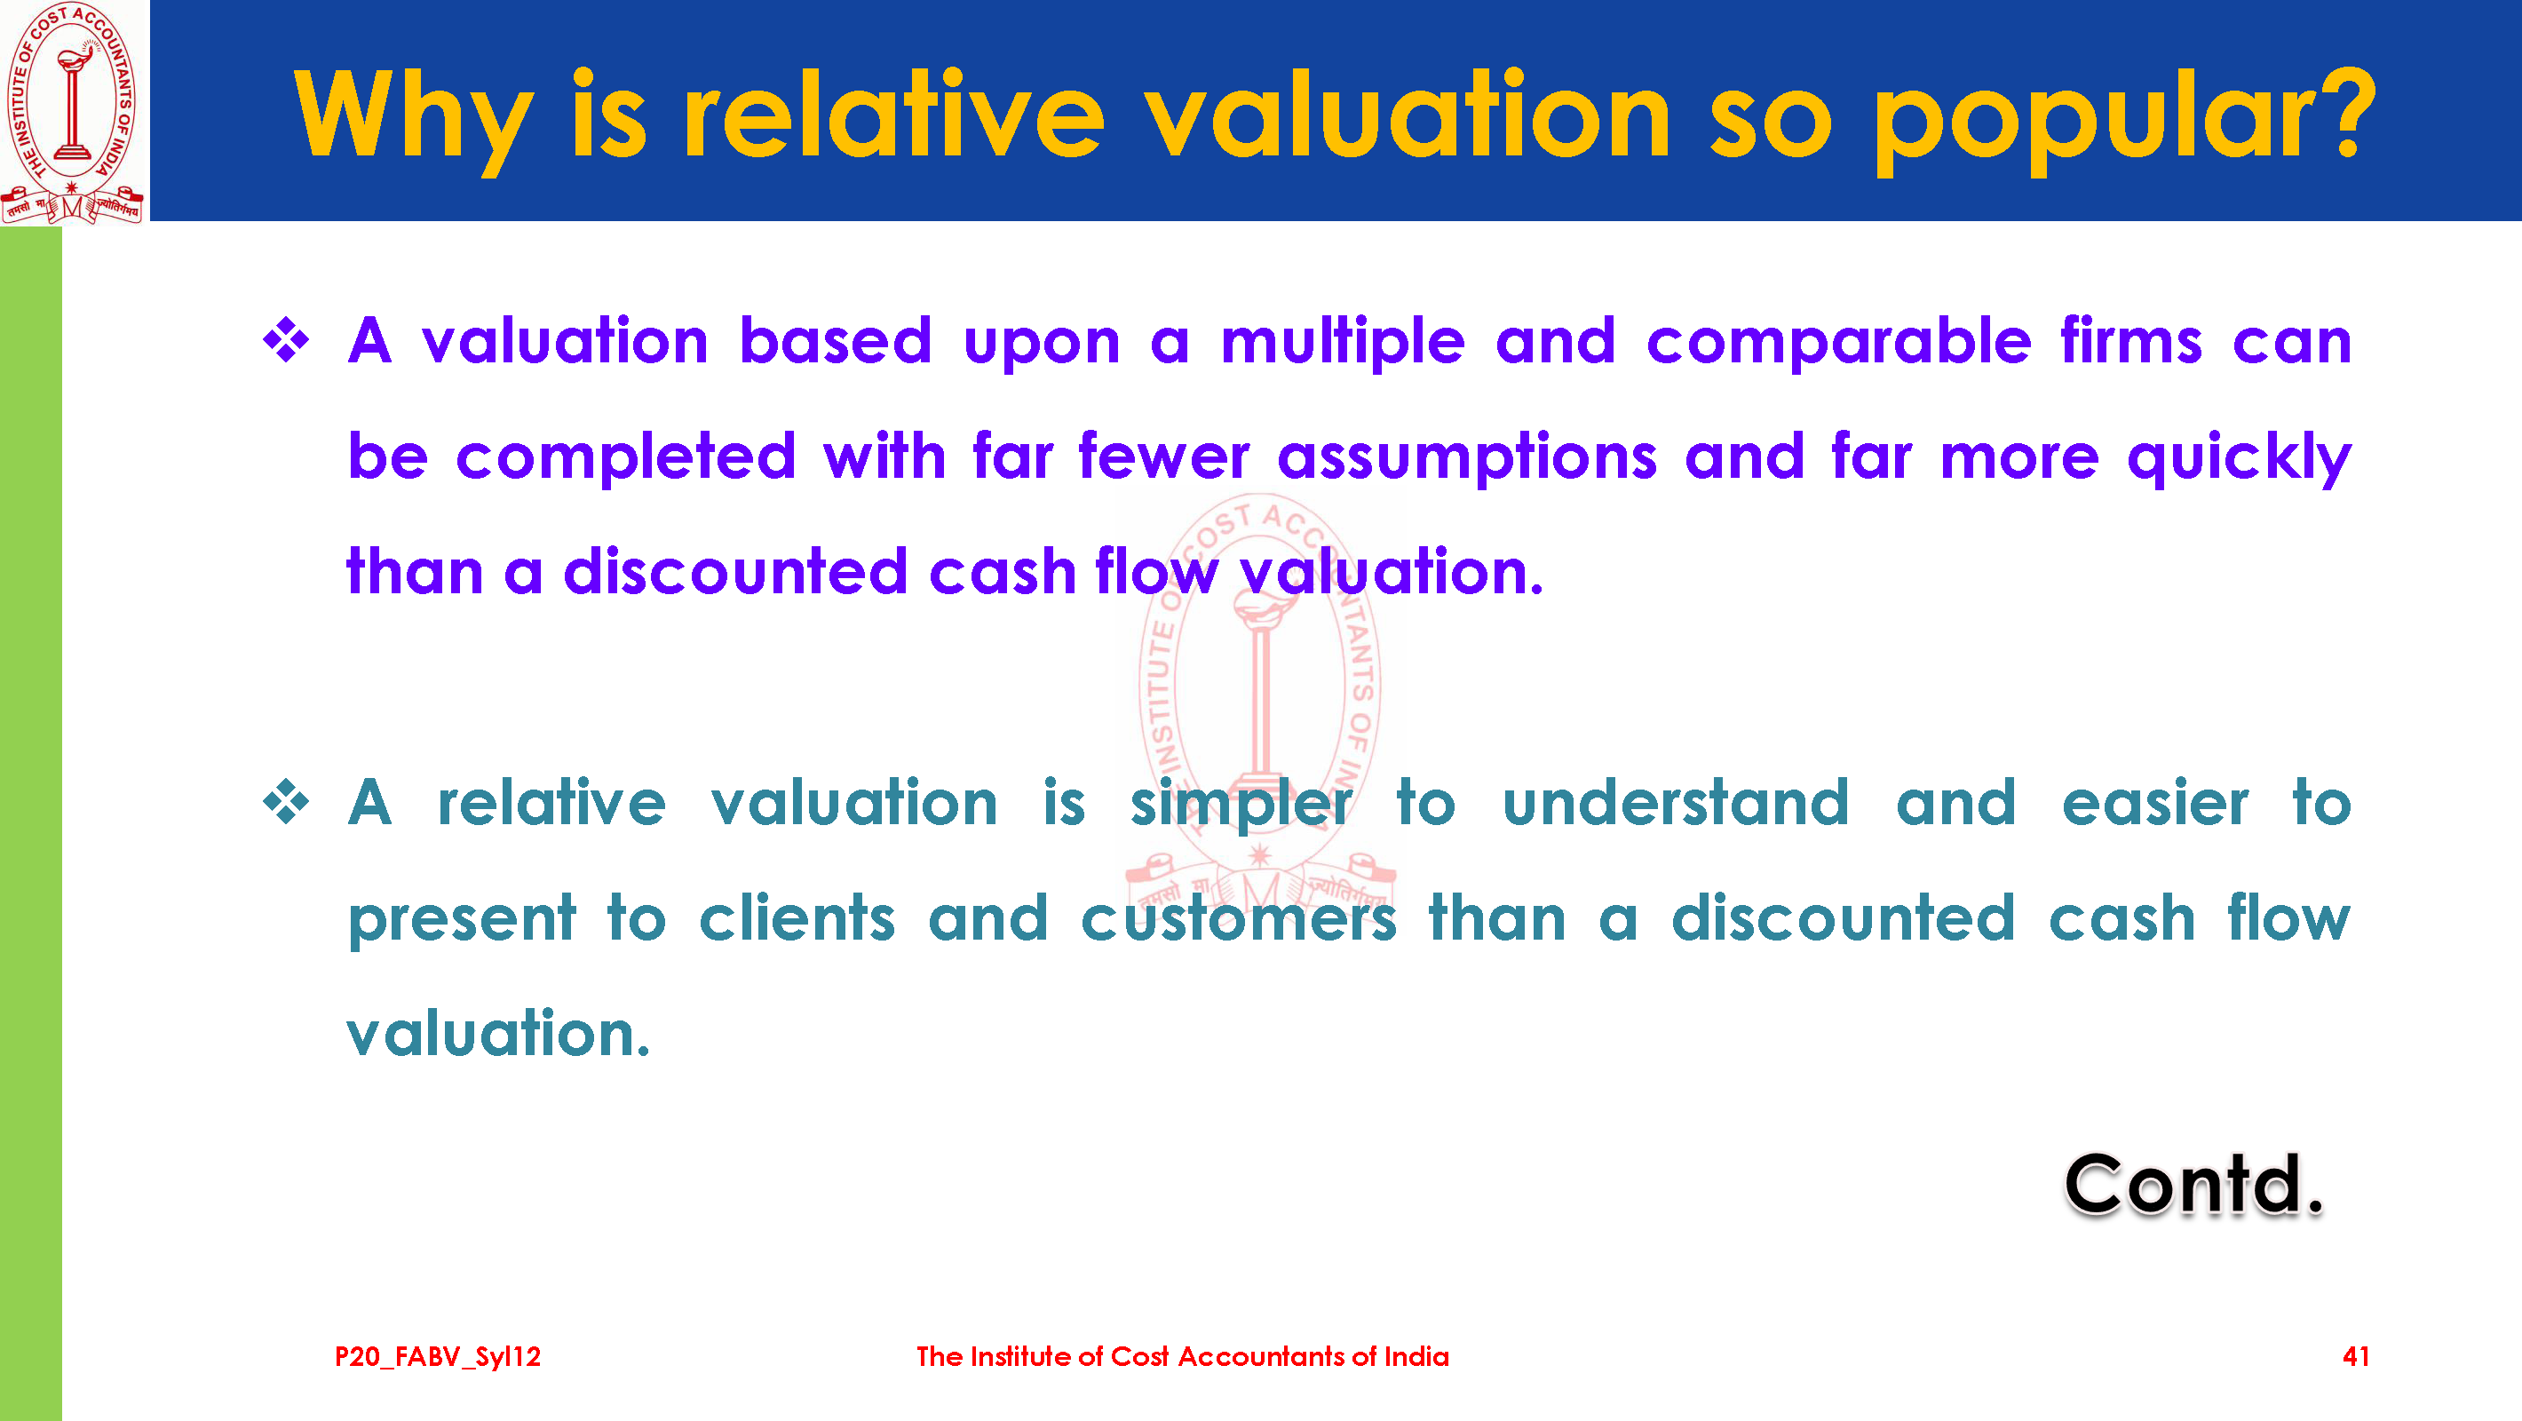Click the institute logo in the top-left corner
click(73, 113)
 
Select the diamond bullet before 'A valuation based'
click(286, 340)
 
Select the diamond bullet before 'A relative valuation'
click(286, 802)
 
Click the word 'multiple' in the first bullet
click(1343, 343)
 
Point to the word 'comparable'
click(1838, 343)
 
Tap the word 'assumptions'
click(1467, 458)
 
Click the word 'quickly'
click(2239, 458)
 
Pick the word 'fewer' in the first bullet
click(1164, 456)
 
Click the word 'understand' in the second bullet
click(1675, 803)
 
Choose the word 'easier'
click(2155, 803)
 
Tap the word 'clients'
click(797, 918)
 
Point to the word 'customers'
click(1239, 919)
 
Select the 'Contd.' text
click(2194, 1184)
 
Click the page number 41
click(2356, 1356)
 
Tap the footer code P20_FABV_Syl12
click(438, 1357)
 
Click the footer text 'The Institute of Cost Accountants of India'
click(1183, 1356)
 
